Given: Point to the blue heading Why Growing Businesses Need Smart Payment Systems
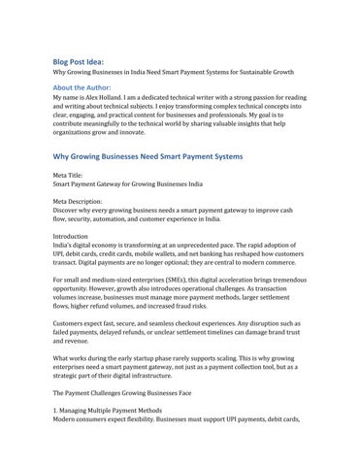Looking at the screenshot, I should click(x=152, y=155).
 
